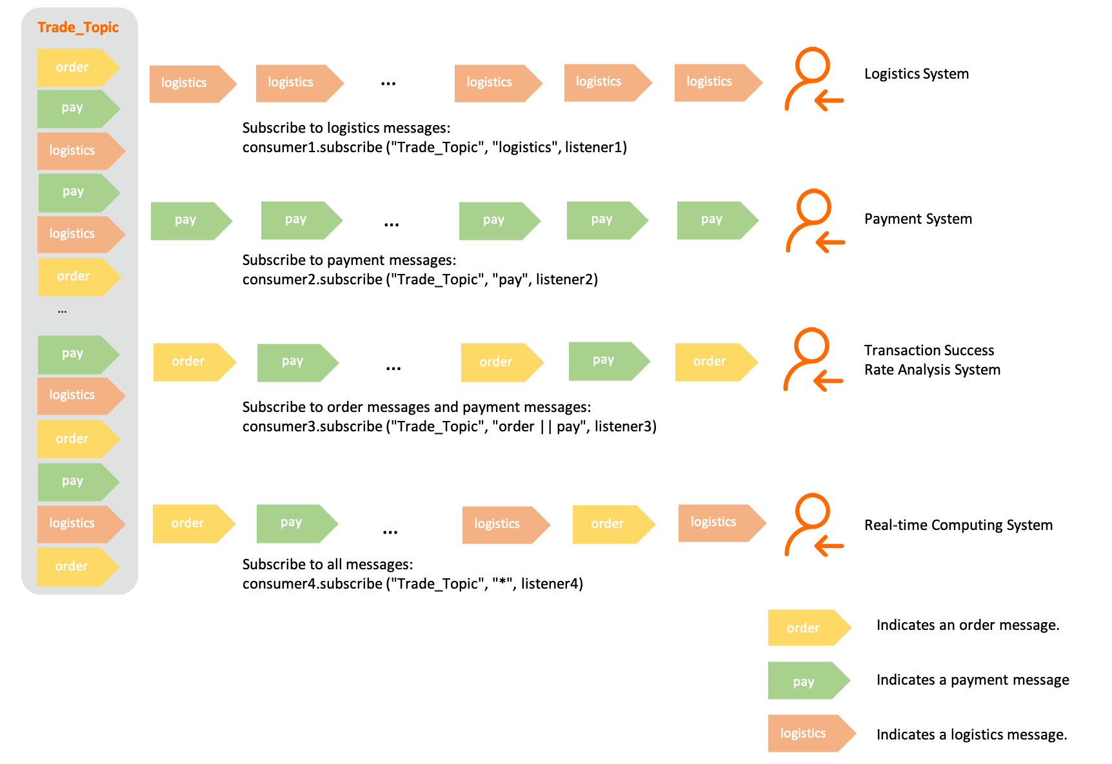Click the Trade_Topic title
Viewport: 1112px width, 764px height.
click(x=78, y=27)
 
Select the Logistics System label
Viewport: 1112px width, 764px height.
click(x=916, y=74)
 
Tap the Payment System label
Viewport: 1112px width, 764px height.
click(x=918, y=219)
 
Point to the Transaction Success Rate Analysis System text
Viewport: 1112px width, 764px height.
click(x=932, y=360)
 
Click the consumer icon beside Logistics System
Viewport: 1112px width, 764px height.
click(x=813, y=79)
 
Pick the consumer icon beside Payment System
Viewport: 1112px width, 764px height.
click(x=814, y=221)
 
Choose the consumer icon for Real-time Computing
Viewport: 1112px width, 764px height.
click(x=813, y=525)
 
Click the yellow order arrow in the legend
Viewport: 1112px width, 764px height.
click(x=808, y=627)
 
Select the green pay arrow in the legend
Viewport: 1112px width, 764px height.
click(x=808, y=681)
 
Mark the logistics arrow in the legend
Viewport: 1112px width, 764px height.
click(x=810, y=733)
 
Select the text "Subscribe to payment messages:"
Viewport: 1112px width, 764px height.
click(x=349, y=260)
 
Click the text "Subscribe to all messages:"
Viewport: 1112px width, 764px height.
click(x=328, y=565)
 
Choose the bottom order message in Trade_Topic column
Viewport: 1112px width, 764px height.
click(x=77, y=566)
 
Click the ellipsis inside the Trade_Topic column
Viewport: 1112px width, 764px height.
click(x=63, y=311)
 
